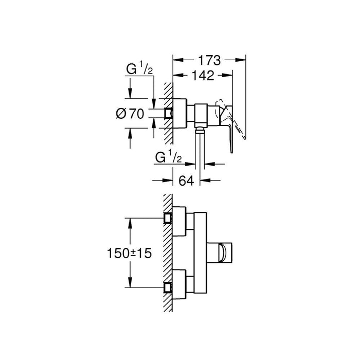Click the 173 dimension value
(x=209, y=60)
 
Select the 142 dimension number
(x=200, y=75)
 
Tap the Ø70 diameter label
(x=131, y=114)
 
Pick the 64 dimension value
(x=186, y=181)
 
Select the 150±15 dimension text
(x=131, y=253)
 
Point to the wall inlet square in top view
(x=168, y=113)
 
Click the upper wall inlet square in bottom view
(x=167, y=218)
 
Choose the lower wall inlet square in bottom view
(x=167, y=287)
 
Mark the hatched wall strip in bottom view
(x=165, y=252)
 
